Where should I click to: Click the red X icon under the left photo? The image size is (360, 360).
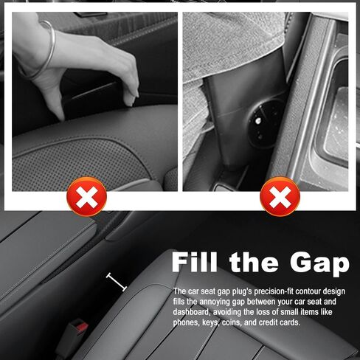pyautogui.click(x=87, y=198)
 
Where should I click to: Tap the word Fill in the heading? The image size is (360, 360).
pyautogui.click(x=195, y=263)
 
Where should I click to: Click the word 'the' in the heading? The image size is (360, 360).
pyautogui.click(x=254, y=263)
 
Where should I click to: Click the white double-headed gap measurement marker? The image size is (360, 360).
pyautogui.click(x=116, y=281)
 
